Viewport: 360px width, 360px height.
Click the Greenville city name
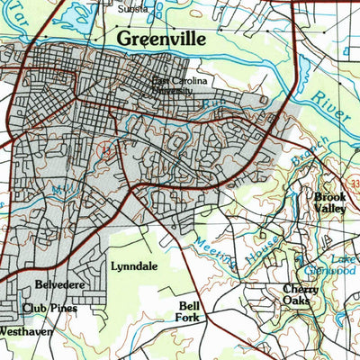pos(162,40)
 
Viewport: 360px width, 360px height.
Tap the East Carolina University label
pos(179,85)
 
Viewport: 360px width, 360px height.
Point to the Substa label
pos(133,8)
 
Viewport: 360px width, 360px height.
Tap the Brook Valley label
pos(329,202)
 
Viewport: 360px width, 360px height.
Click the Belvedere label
pos(59,285)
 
